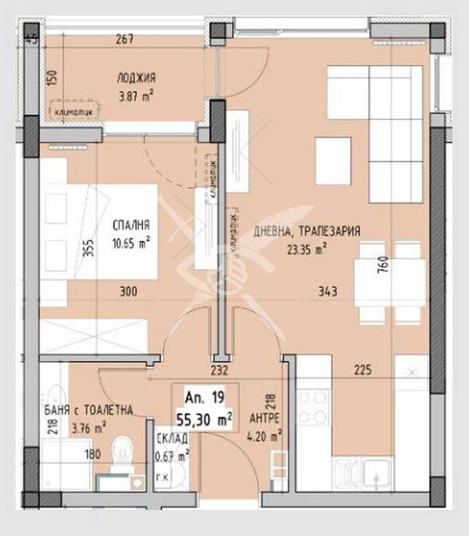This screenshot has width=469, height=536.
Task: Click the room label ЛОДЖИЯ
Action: (x=137, y=77)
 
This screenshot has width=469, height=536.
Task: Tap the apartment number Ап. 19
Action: (x=200, y=397)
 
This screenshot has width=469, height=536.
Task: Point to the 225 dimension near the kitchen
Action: (x=363, y=371)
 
